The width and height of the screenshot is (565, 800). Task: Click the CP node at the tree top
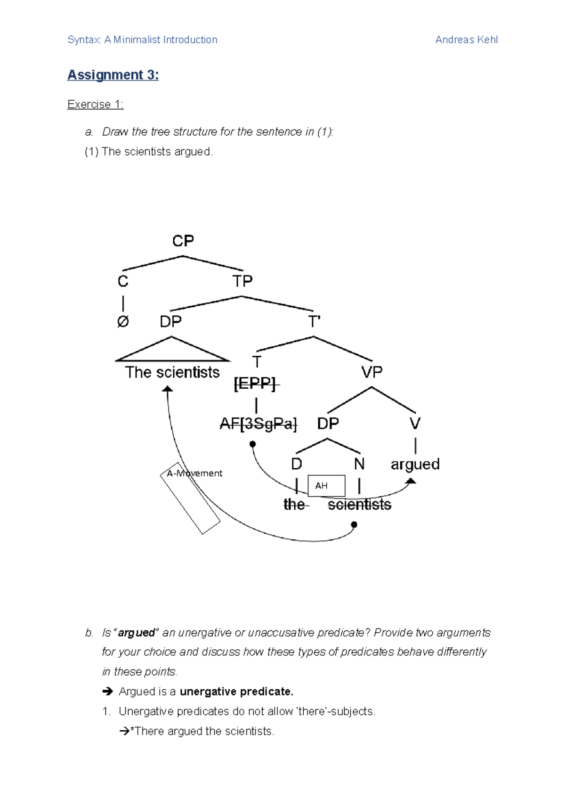(x=183, y=241)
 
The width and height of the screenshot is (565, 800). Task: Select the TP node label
(x=242, y=281)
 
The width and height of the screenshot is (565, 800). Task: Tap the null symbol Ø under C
(x=123, y=322)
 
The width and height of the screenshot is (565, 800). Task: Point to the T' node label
(x=314, y=322)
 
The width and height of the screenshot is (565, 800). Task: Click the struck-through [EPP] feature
(x=255, y=384)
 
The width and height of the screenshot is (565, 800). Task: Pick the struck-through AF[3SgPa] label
(x=258, y=424)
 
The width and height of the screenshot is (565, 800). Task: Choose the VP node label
(x=371, y=372)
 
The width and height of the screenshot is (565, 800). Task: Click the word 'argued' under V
(x=415, y=464)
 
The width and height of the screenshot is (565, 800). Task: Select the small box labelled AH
(x=326, y=486)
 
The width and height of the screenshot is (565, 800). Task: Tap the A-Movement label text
(x=194, y=473)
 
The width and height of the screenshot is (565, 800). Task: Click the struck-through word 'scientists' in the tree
(x=359, y=505)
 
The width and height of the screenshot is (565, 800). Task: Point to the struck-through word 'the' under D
(x=294, y=505)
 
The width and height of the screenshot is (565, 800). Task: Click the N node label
(x=359, y=464)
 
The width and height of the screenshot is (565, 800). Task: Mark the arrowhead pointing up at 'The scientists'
(x=168, y=389)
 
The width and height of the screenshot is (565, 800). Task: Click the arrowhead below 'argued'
(x=411, y=481)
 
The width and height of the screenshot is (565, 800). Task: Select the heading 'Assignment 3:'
(x=113, y=75)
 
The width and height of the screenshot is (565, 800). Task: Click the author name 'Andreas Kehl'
(x=466, y=40)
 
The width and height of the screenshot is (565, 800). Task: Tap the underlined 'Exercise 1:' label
(x=95, y=104)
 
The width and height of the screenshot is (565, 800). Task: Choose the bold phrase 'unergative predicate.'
(x=236, y=691)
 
